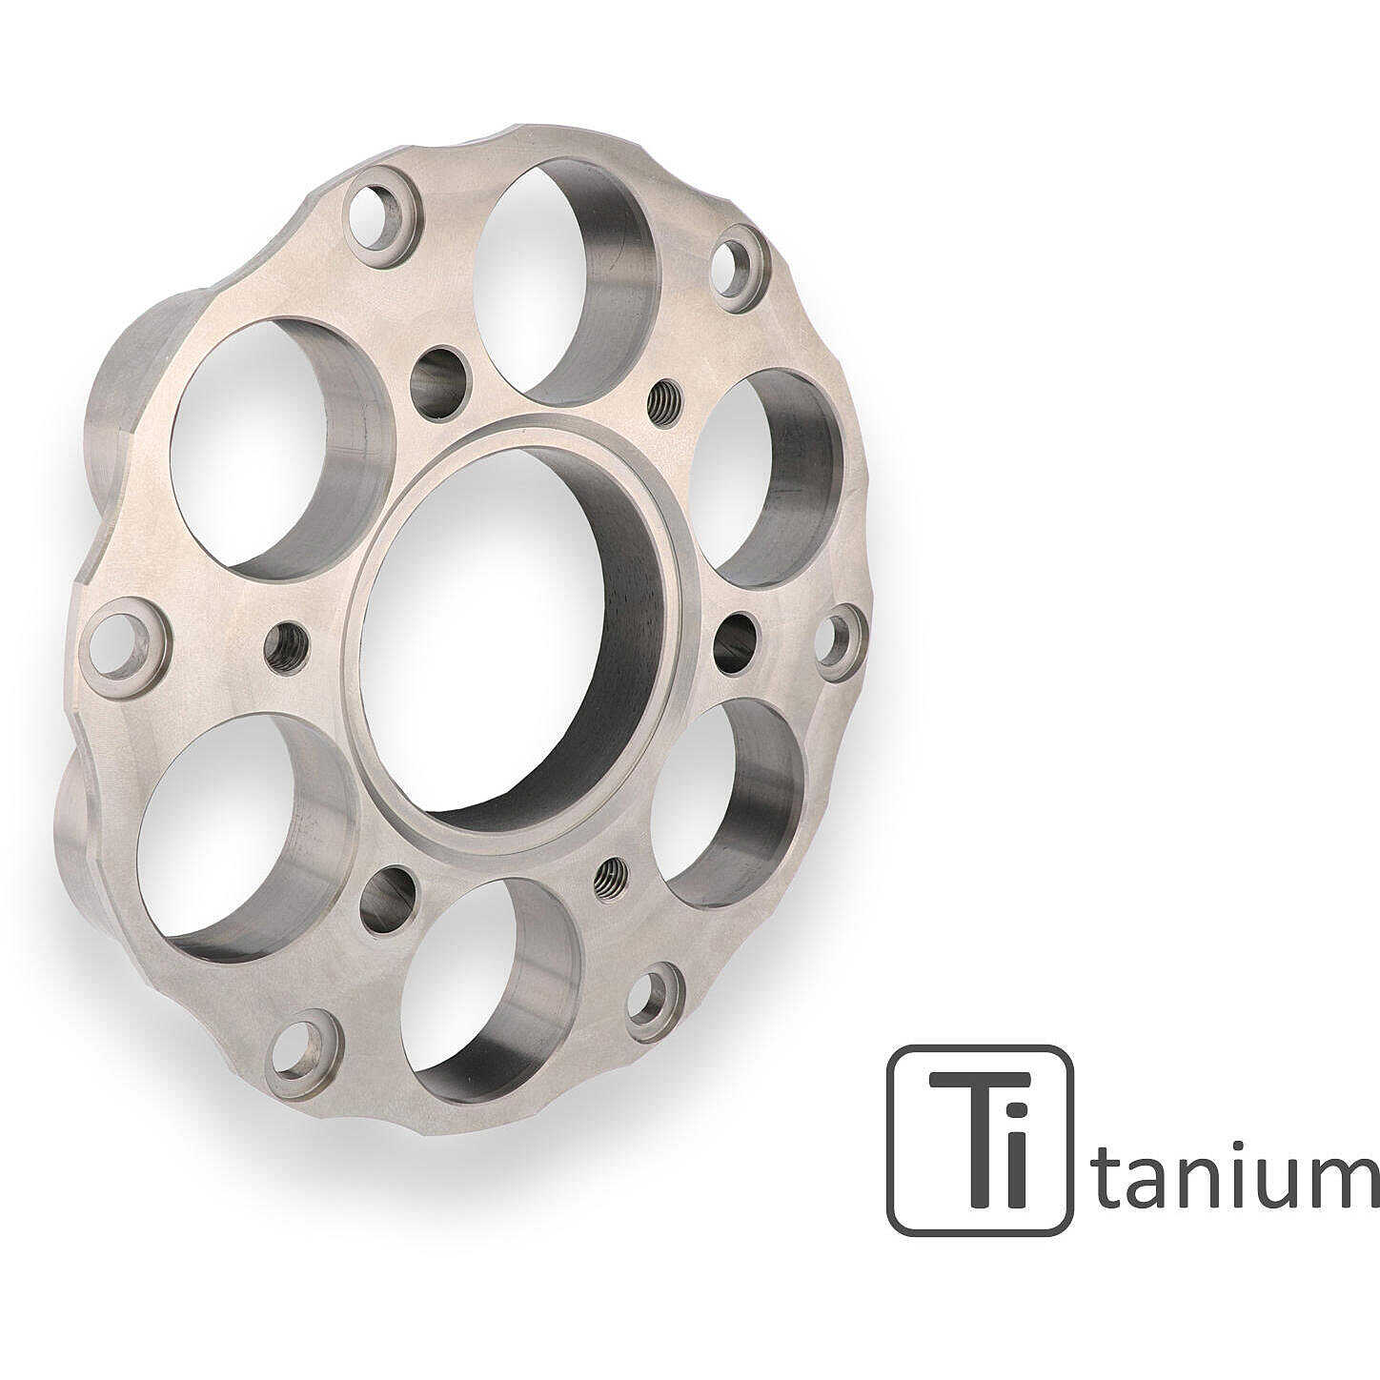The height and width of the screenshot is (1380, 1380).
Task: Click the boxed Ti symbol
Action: pyautogui.click(x=979, y=1139)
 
